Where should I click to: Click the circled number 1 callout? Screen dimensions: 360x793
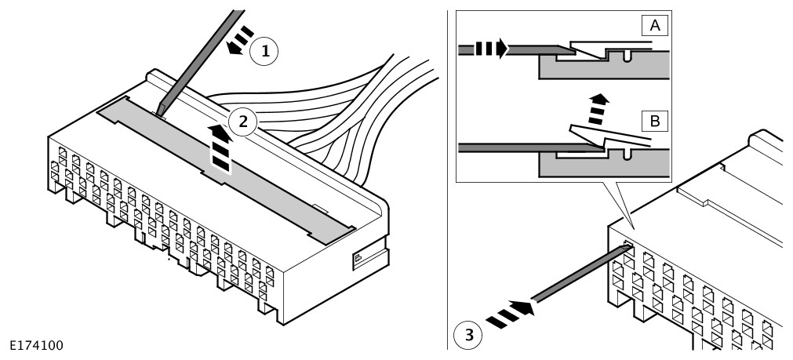(265, 52)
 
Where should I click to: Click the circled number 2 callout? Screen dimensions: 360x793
(243, 122)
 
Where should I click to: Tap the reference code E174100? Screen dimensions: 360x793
(36, 344)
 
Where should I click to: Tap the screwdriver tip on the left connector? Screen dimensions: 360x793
(161, 110)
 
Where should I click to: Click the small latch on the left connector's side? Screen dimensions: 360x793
(358, 256)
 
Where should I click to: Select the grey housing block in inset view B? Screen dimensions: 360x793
(604, 165)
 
